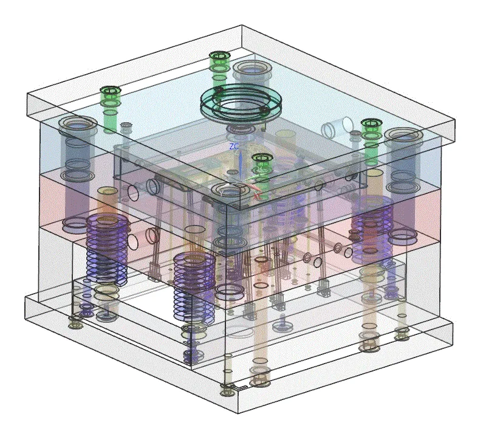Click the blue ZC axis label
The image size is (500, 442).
235,147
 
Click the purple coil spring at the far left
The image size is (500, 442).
108,249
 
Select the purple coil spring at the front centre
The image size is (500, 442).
194,286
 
